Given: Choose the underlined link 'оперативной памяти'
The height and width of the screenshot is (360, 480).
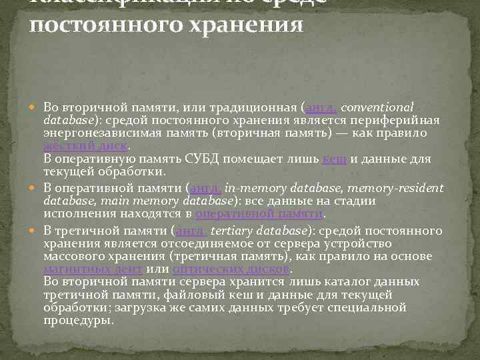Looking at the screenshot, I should click(259, 213).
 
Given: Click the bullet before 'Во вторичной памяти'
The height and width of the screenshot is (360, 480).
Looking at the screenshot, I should click(36, 107).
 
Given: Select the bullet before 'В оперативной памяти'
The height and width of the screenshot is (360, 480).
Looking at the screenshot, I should click(36, 189).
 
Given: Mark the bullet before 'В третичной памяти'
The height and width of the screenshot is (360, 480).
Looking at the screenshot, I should click(36, 231).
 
